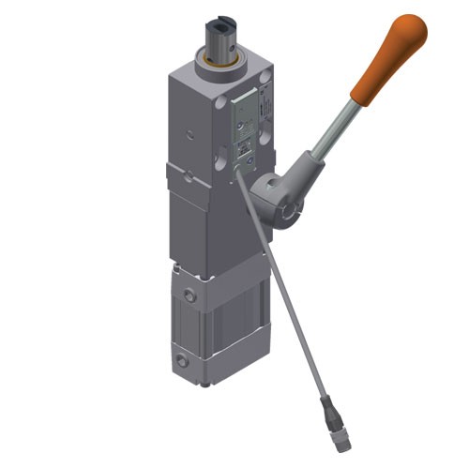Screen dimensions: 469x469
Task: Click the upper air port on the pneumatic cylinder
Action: (192, 295)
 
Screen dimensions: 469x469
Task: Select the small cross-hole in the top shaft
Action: (224, 43)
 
